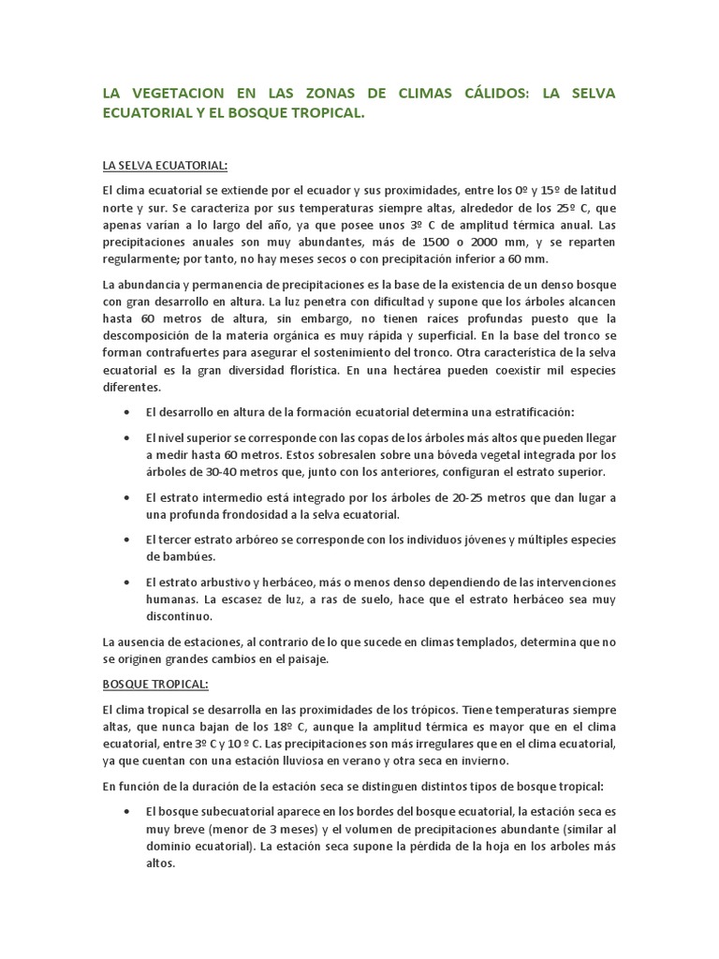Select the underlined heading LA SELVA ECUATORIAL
(x=165, y=166)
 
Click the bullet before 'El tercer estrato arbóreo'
(x=126, y=540)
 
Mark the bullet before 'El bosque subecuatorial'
(x=126, y=810)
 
